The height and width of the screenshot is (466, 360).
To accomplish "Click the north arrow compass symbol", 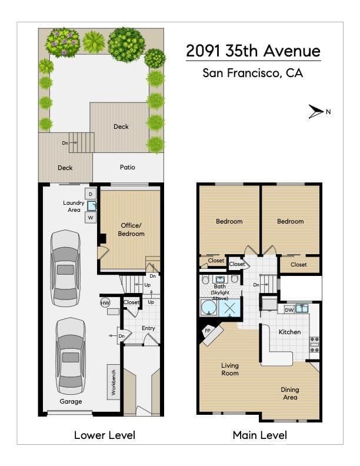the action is point(315,112).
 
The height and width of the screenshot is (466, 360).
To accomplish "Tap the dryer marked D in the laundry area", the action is point(91,194).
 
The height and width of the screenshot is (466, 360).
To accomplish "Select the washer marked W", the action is point(91,217).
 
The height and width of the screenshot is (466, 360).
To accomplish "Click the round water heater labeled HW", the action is point(105,303).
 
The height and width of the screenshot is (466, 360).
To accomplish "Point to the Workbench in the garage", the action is point(114,382).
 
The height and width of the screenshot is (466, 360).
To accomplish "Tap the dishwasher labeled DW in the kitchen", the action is point(289,309).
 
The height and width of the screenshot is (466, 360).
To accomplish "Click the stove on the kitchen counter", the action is point(314,344).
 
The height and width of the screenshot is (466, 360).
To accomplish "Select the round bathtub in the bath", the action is point(209,307).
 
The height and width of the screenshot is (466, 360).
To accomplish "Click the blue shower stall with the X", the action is point(229,308).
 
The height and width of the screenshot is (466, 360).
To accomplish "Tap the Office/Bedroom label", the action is point(131,229).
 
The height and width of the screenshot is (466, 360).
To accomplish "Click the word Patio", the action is point(128,167).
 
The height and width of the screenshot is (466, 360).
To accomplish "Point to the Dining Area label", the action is point(290,393).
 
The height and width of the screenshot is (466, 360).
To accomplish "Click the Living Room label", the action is point(230,369).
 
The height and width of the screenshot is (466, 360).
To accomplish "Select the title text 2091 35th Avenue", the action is point(253,51).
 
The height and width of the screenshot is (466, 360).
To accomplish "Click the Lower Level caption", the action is point(105,435).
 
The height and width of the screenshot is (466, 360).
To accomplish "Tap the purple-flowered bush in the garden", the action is point(63,42).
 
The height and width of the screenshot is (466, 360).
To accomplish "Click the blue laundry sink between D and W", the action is point(92,205).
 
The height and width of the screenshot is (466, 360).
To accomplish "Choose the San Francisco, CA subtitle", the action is point(253,73).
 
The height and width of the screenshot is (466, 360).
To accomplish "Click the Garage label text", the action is point(71,401).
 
